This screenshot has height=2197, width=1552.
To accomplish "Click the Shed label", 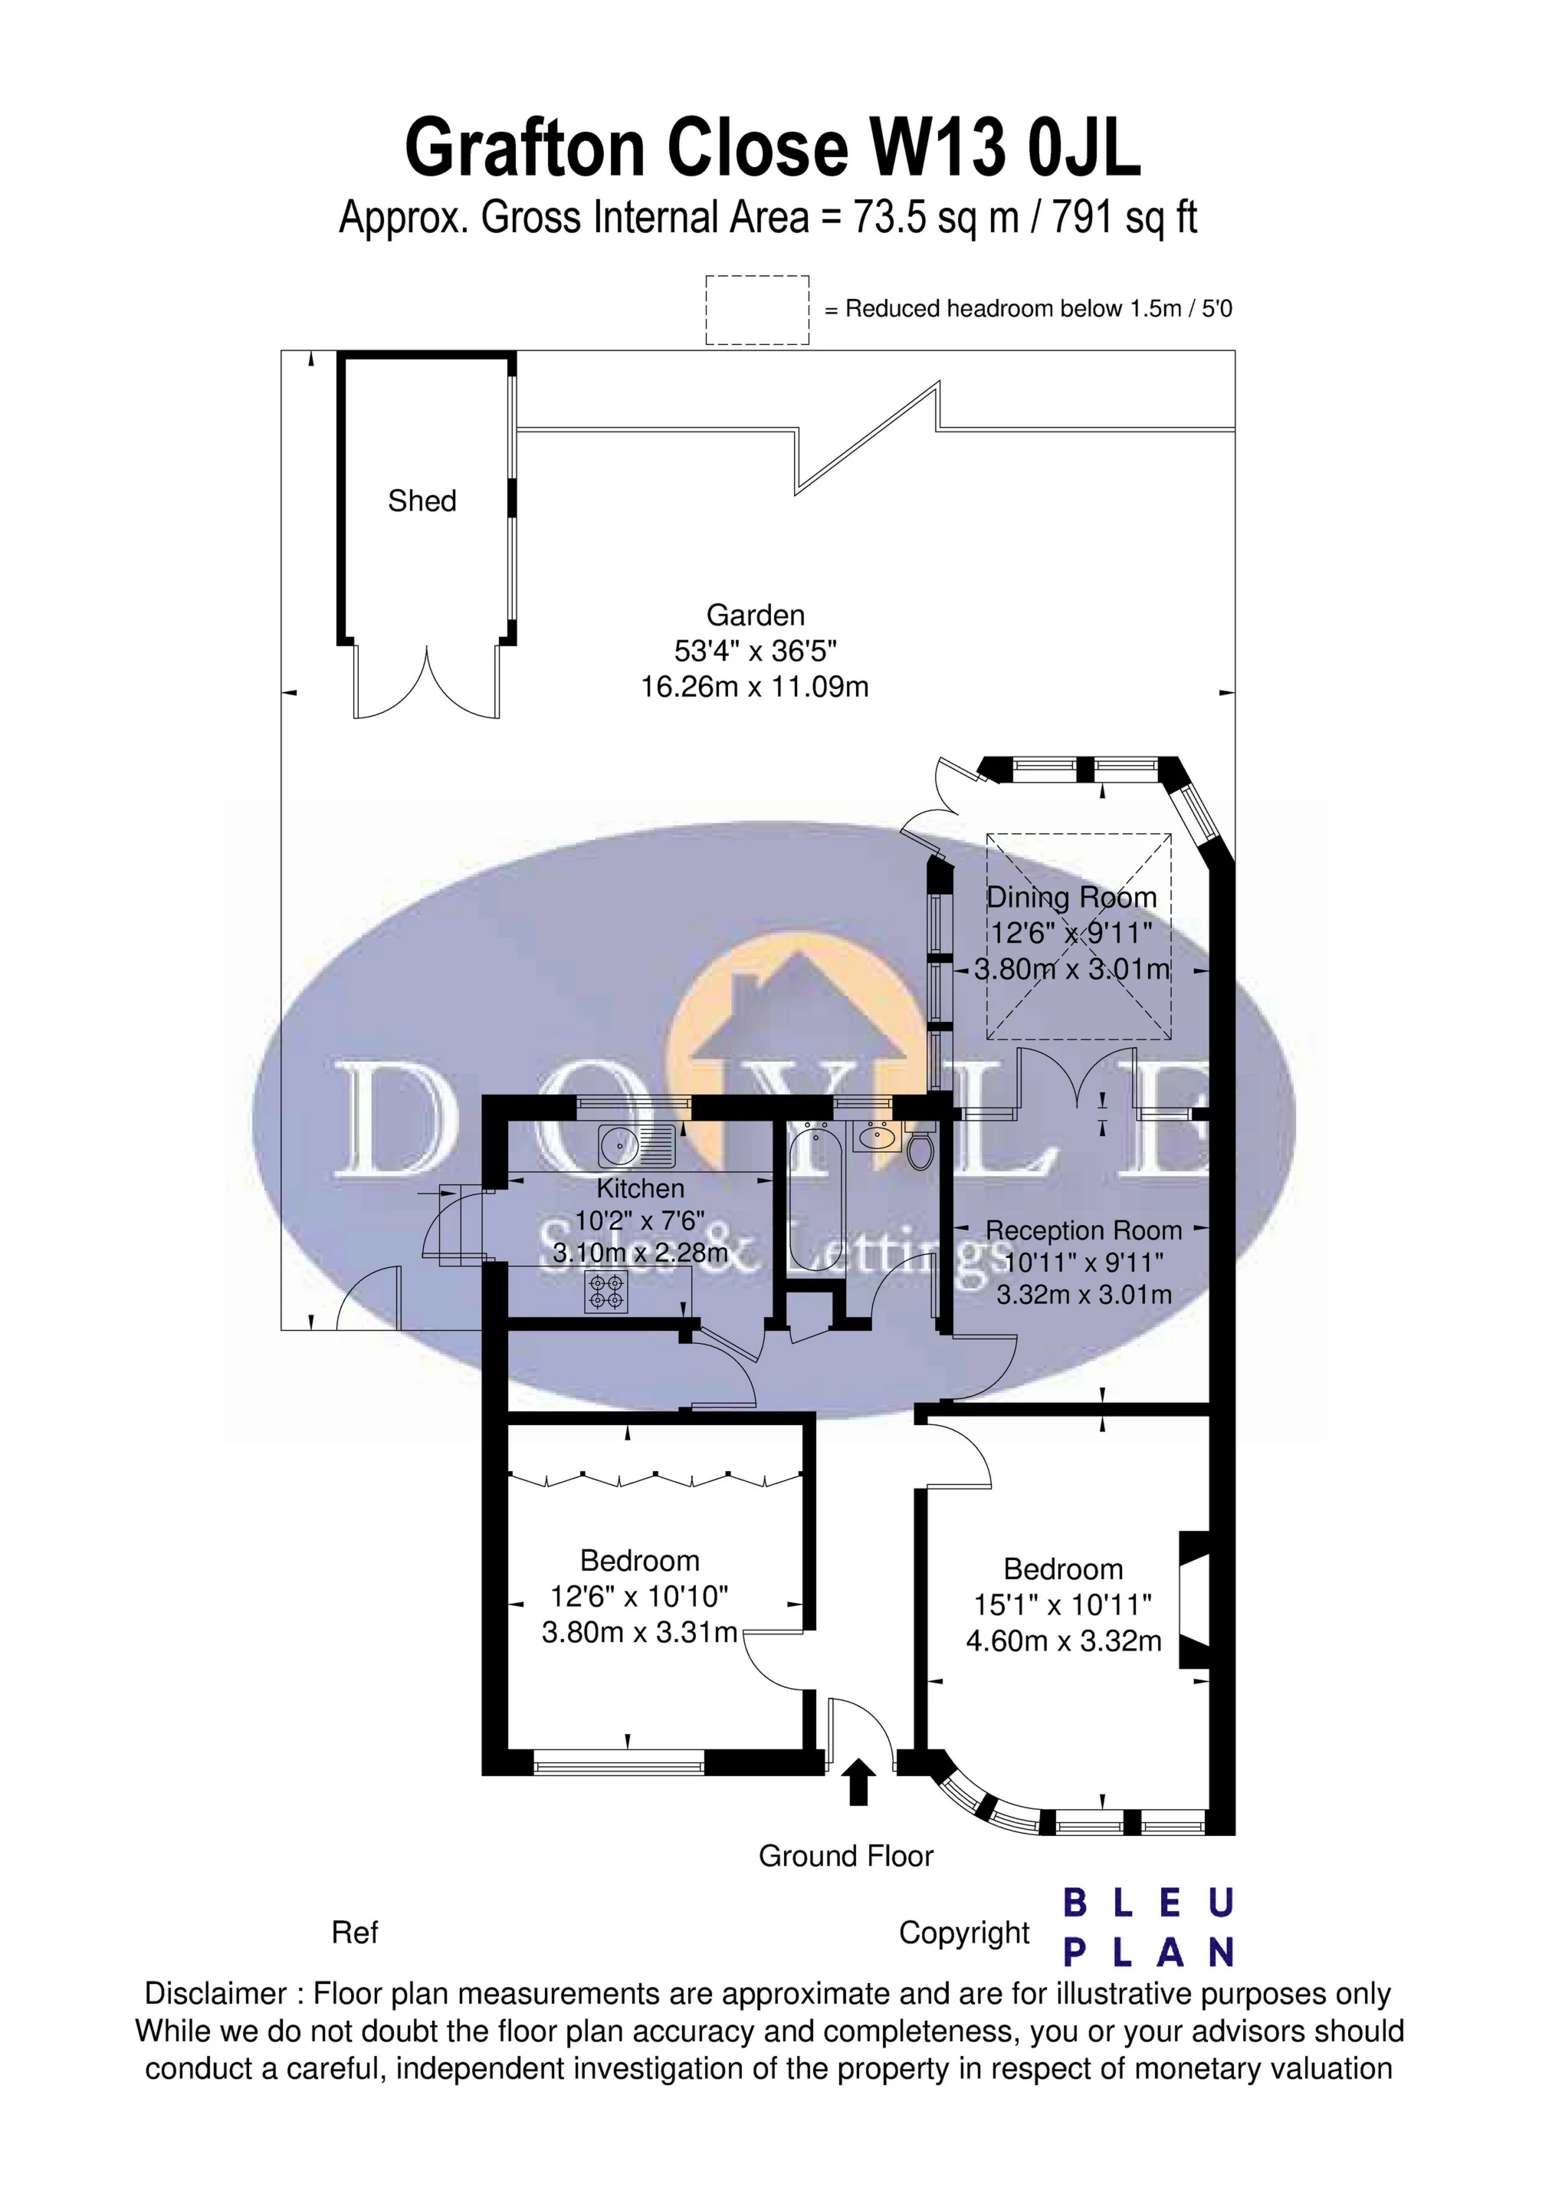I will (x=422, y=501).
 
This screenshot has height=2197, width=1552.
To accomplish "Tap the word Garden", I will (x=755, y=616).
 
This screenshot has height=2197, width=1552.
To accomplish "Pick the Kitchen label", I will (x=640, y=1188).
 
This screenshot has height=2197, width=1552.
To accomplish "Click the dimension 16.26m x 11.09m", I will (x=755, y=687).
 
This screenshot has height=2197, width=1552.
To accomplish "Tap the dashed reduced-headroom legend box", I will (x=757, y=309).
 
